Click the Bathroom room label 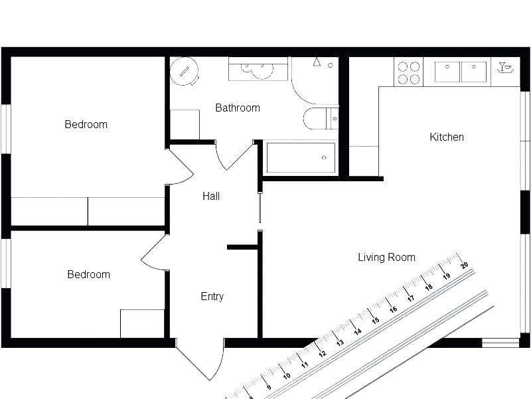click(x=238, y=108)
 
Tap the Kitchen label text click(x=447, y=137)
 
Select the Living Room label click(x=386, y=258)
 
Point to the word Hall click(x=211, y=197)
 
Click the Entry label click(x=212, y=297)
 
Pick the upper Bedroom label click(x=86, y=124)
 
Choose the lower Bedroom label click(x=88, y=274)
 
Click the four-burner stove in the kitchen click(x=408, y=72)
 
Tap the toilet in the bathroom click(x=320, y=119)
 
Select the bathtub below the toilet click(x=301, y=158)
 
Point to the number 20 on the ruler click(x=464, y=265)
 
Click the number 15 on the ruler click(x=375, y=321)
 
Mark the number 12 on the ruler click(x=322, y=353)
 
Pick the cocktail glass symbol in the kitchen click(x=505, y=67)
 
